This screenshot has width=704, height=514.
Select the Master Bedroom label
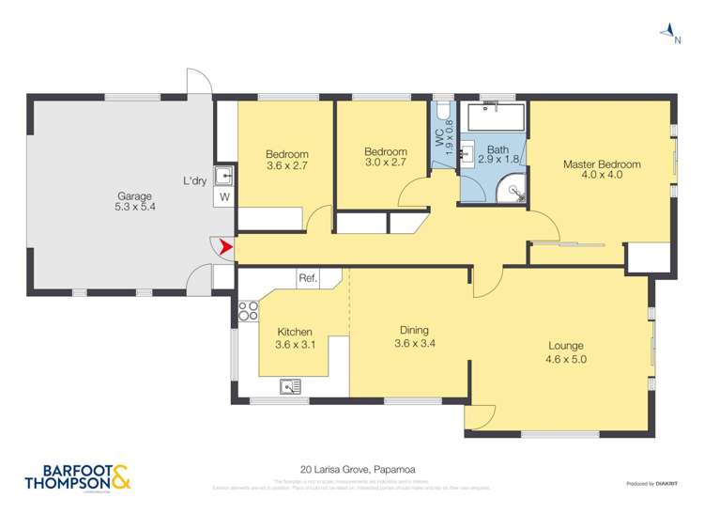coord(602,164)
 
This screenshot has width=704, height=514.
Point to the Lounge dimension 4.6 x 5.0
coord(566,358)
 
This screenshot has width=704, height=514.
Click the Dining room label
coord(414,330)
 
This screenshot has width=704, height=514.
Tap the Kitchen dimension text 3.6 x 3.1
coord(294,345)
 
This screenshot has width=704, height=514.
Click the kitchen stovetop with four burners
coord(248,311)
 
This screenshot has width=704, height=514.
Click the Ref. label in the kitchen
coord(307,278)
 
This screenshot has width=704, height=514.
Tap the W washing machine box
coord(224,197)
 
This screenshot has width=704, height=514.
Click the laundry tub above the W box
coord(224,176)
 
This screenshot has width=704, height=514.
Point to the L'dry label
coord(194,180)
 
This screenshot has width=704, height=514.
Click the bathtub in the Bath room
coord(497,118)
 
